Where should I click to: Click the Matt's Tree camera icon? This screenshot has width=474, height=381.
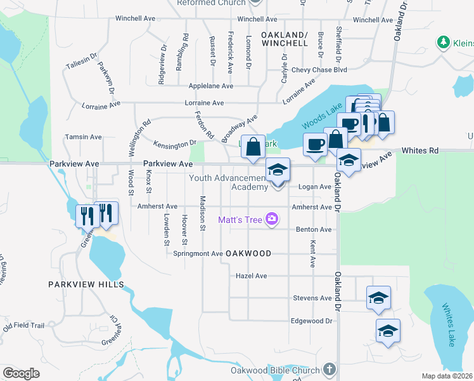coord(272,219)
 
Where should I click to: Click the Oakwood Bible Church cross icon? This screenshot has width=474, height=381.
coord(328,368)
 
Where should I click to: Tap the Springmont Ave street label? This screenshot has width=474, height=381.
coord(198,253)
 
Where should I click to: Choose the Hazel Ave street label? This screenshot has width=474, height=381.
coord(251,276)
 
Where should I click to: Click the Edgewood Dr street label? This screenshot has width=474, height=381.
coord(312,321)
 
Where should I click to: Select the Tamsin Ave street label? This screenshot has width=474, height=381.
coord(84,137)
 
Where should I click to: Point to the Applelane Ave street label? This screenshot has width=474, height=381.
coord(211,86)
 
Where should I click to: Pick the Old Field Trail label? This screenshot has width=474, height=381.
coord(23,326)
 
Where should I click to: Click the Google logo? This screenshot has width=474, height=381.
coord(21,373)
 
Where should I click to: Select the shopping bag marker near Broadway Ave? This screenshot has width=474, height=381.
coord(253,147)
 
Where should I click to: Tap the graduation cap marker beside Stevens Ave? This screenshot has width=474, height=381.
coord(378,298)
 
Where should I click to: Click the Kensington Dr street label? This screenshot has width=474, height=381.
coord(175,144)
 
